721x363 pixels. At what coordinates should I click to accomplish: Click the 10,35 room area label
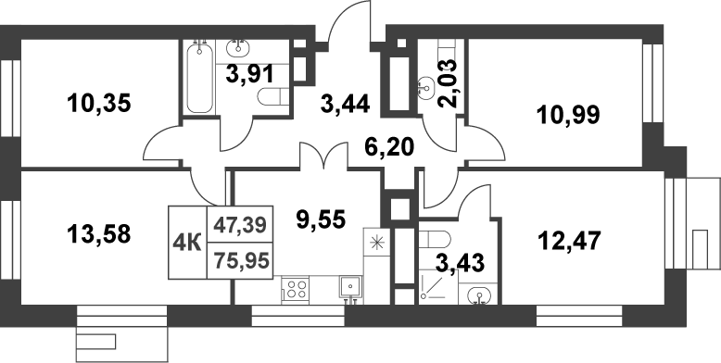(99, 104)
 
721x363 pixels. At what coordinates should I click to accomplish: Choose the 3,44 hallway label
(344, 104)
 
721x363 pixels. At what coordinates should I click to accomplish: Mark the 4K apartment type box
(188, 243)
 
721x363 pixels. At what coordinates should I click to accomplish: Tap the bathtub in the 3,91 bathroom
(198, 79)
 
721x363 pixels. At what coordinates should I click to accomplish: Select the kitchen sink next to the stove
(348, 288)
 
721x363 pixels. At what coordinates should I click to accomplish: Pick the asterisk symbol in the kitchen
(376, 245)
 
